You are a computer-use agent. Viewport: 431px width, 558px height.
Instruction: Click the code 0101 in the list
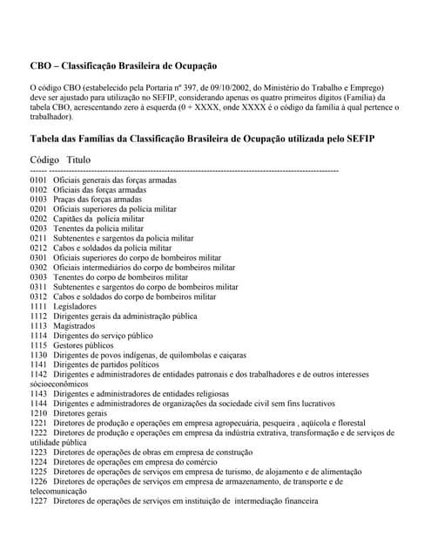(38, 180)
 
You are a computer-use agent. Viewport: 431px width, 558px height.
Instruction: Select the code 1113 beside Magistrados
(38, 326)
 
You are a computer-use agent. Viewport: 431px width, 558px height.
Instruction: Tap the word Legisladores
(75, 307)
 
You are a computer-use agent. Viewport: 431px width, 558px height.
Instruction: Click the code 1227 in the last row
(38, 501)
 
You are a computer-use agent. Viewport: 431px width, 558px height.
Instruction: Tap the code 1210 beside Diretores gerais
(38, 413)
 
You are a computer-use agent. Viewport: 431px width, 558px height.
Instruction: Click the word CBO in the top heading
(41, 66)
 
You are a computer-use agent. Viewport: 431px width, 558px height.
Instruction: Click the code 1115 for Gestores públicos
(38, 345)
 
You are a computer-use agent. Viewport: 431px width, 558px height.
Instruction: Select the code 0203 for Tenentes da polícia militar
(38, 228)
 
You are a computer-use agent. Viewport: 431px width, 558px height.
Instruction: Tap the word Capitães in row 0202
(71, 219)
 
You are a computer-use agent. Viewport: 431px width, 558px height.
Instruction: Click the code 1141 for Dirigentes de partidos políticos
(38, 364)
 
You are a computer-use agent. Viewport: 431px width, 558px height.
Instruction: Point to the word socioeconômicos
(59, 384)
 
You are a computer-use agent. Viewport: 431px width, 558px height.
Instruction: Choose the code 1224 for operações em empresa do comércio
(38, 462)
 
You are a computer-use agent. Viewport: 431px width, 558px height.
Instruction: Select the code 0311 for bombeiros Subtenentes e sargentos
(38, 287)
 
